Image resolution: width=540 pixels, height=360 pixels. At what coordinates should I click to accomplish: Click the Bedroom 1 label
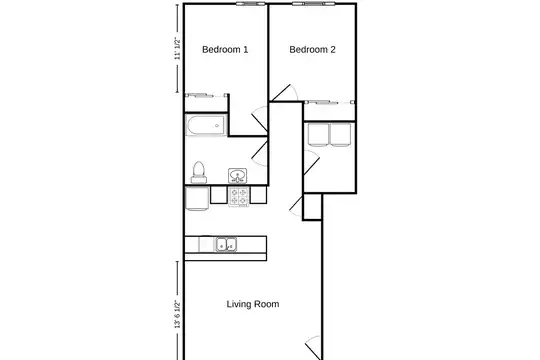pyautogui.click(x=225, y=50)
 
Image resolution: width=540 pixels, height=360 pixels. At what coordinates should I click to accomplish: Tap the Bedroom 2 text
pyautogui.click(x=312, y=50)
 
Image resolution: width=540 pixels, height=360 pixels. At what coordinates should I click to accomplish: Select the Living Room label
pyautogui.click(x=253, y=304)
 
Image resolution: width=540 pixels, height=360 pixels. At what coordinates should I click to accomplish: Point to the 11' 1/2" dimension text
pyautogui.click(x=177, y=48)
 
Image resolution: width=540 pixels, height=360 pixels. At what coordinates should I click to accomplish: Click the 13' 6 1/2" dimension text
pyautogui.click(x=177, y=314)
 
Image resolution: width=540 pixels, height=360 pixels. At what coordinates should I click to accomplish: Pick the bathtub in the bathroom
pyautogui.click(x=206, y=125)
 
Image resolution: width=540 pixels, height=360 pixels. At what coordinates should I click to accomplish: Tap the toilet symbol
pyautogui.click(x=199, y=172)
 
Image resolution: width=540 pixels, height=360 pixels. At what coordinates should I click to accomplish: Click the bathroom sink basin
pyautogui.click(x=238, y=176)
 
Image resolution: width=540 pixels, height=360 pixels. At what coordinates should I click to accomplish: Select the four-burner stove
pyautogui.click(x=239, y=196)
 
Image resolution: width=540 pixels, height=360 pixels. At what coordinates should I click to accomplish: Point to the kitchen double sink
pyautogui.click(x=226, y=244)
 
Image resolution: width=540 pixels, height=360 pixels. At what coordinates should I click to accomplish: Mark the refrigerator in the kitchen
pyautogui.click(x=197, y=198)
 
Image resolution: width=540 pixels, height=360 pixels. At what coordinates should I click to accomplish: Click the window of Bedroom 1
pyautogui.click(x=251, y=4)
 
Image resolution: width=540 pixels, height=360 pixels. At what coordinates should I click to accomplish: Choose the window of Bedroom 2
pyautogui.click(x=314, y=4)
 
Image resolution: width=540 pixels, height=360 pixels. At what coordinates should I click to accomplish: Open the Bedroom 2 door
pyautogui.click(x=284, y=93)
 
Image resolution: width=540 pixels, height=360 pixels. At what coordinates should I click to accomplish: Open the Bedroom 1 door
pyautogui.click(x=260, y=120)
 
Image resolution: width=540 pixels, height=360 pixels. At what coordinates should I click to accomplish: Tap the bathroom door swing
pyautogui.click(x=260, y=152)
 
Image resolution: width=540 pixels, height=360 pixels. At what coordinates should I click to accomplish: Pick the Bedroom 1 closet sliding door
pyautogui.click(x=206, y=95)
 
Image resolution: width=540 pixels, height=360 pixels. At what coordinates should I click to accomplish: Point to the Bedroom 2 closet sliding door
pyautogui.click(x=330, y=102)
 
